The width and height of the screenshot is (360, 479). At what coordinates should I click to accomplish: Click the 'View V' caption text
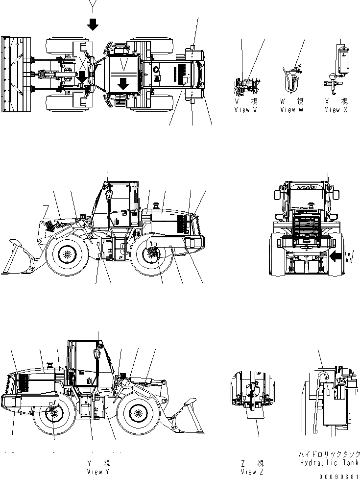pos(245,110)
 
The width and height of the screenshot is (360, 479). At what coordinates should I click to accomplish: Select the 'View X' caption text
pos(336,110)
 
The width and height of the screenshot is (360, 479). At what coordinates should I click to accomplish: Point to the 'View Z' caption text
pos(249,472)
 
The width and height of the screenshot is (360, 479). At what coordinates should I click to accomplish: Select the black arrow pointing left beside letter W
pos(337,255)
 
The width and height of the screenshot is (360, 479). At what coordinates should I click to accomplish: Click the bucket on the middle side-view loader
pos(18,258)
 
